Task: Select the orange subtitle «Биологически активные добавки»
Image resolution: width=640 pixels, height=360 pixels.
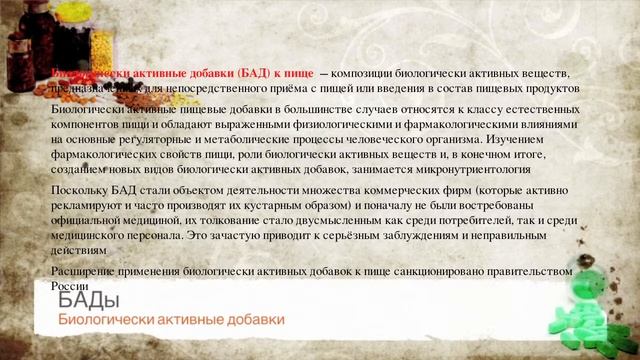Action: point(170,320)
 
